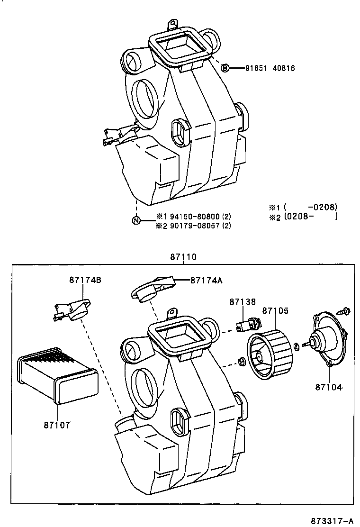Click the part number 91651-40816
click(270, 68)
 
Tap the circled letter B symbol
click(226, 68)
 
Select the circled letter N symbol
click(136, 220)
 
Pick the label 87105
click(275, 311)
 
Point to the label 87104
click(329, 387)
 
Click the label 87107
click(57, 425)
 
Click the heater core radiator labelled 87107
click(57, 379)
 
